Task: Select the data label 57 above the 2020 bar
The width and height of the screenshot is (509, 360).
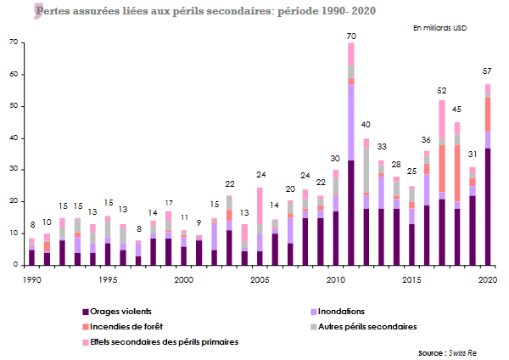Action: (488, 70)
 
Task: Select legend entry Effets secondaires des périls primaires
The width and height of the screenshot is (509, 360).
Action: (154, 341)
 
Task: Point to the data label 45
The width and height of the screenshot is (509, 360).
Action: (457, 110)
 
